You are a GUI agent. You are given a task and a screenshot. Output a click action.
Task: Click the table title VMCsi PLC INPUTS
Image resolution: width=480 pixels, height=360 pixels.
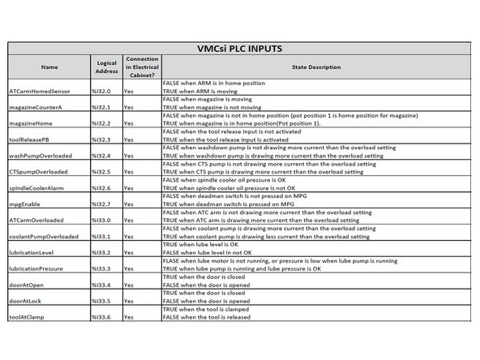[x=240, y=49]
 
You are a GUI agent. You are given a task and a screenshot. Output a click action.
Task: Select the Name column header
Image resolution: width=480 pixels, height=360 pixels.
[x=48, y=67]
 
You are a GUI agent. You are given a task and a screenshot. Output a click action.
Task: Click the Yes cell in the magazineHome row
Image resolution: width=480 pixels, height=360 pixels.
[x=129, y=123]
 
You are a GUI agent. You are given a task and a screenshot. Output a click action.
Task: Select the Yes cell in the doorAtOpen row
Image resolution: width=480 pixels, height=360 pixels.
[x=129, y=284]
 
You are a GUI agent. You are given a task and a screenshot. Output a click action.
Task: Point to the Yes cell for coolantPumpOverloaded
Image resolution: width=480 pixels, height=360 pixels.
[x=129, y=236]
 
